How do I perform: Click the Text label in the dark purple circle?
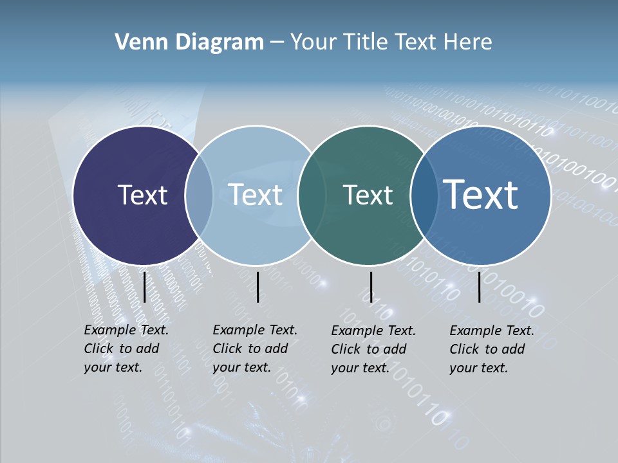point(142,195)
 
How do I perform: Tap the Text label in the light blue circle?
point(256,195)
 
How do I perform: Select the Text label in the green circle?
point(368,195)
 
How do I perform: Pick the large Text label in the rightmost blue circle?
point(481,194)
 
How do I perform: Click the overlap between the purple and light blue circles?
point(199,195)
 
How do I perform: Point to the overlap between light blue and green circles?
point(311,195)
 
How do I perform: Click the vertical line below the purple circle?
point(144,287)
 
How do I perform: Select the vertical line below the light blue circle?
point(257,287)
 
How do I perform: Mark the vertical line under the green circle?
point(371,287)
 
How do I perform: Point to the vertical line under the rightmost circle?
point(480,287)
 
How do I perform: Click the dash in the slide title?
point(276,43)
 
